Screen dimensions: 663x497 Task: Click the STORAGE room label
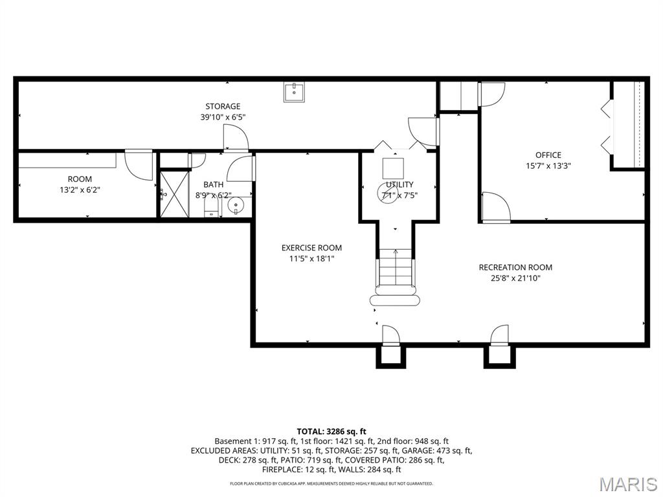coord(223,107)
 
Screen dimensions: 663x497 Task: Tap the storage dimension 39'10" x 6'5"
coord(223,117)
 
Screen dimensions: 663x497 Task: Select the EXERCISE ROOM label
coord(311,248)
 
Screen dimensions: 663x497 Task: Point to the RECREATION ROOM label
coord(515,267)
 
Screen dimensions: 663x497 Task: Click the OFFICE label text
coord(548,155)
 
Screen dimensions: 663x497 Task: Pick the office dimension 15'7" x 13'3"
coord(548,166)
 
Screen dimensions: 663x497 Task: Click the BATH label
coord(214,184)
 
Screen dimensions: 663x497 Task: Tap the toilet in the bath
coord(212,208)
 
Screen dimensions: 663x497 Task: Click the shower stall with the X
coord(174,194)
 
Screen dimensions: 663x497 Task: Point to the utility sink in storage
coord(294,93)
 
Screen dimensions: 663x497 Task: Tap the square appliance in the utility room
coord(393,168)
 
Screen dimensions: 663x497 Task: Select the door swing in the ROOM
coord(139,165)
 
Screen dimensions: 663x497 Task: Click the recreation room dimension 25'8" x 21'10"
coord(515,278)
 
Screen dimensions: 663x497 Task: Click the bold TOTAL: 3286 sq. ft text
coord(331,432)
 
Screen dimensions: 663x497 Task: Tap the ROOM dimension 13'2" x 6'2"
coord(80,190)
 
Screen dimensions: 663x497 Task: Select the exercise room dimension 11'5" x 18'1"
coord(311,259)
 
